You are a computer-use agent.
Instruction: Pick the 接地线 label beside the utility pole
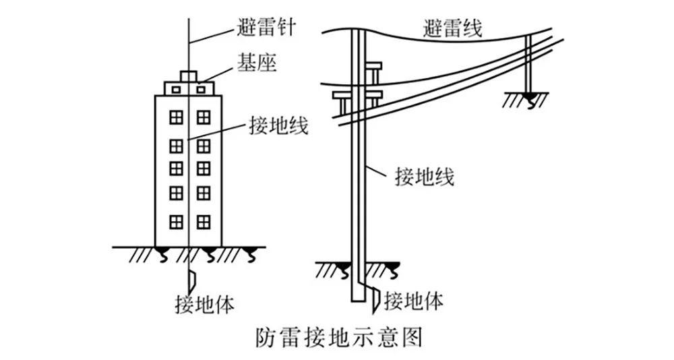(425, 177)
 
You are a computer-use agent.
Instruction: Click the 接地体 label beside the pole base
(413, 301)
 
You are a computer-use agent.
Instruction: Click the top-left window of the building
(176, 117)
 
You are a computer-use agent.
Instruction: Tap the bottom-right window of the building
(204, 222)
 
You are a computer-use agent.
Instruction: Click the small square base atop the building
(189, 76)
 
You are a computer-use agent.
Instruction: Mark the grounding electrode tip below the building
(192, 278)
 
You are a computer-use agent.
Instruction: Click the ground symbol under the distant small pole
(528, 100)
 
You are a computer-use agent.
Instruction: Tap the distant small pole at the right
(528, 64)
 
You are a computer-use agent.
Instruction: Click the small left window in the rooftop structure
(175, 89)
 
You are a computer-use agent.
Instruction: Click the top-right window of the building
(204, 117)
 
